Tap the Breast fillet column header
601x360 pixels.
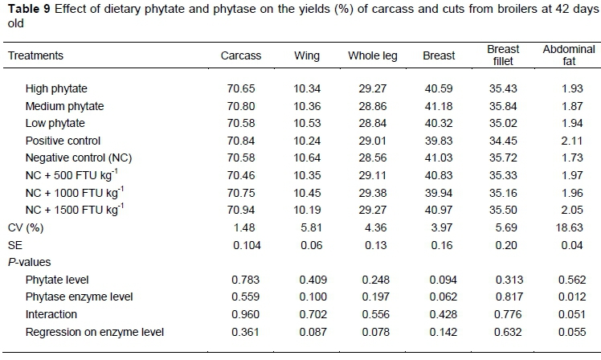tap(503, 55)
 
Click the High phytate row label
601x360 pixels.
tap(56, 88)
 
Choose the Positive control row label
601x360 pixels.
tap(62, 141)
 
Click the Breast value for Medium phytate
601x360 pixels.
tap(439, 105)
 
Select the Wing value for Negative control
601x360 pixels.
tap(307, 158)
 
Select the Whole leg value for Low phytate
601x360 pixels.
tap(374, 123)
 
